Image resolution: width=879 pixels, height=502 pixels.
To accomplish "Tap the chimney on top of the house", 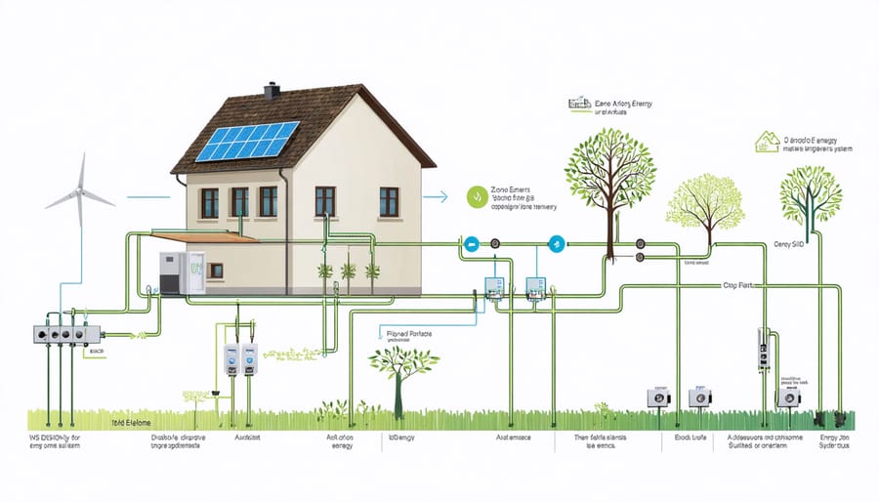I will tap(272, 91).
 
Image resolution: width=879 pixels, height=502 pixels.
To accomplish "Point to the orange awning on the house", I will tap(210, 236).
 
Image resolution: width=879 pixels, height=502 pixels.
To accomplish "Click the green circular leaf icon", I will tap(476, 196).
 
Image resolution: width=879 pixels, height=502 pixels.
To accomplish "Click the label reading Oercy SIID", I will tap(788, 243).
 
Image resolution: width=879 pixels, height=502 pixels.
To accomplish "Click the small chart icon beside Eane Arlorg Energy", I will tap(578, 102).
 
